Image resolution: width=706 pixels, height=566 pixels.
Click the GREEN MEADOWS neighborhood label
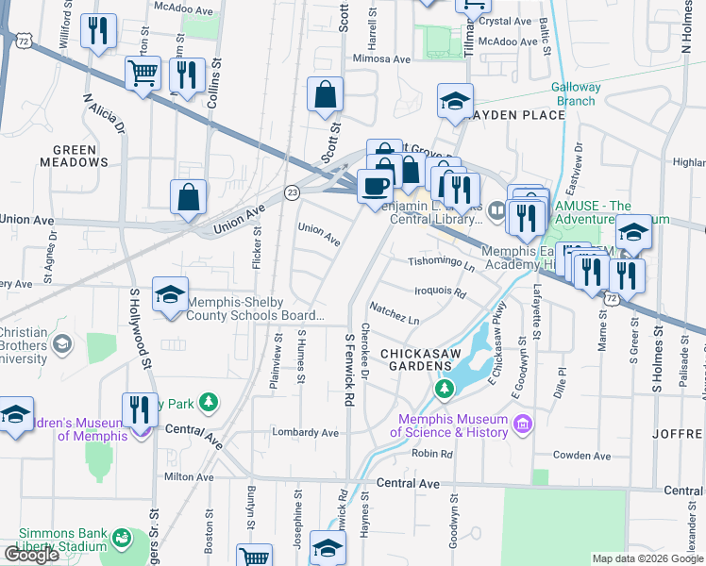[x=75, y=156]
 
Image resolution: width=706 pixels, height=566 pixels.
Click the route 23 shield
[x=293, y=191]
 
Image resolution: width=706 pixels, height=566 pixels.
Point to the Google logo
[x=31, y=555]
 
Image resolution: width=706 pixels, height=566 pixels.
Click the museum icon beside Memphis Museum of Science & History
[x=521, y=426]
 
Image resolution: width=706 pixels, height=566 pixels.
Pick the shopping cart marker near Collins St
[x=143, y=73]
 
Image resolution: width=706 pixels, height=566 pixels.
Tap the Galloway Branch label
[x=575, y=94]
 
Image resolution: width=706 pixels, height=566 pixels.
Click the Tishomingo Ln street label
[x=441, y=263]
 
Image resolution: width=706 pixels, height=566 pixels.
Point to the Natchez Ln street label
[x=395, y=314]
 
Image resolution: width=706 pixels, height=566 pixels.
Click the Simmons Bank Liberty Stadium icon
[x=121, y=539]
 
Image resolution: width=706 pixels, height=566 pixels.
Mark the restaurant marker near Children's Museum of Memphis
[x=140, y=409]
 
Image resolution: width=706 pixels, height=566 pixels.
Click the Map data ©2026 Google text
[x=647, y=558]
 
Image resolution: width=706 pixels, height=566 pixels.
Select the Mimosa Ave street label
[x=380, y=58]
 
